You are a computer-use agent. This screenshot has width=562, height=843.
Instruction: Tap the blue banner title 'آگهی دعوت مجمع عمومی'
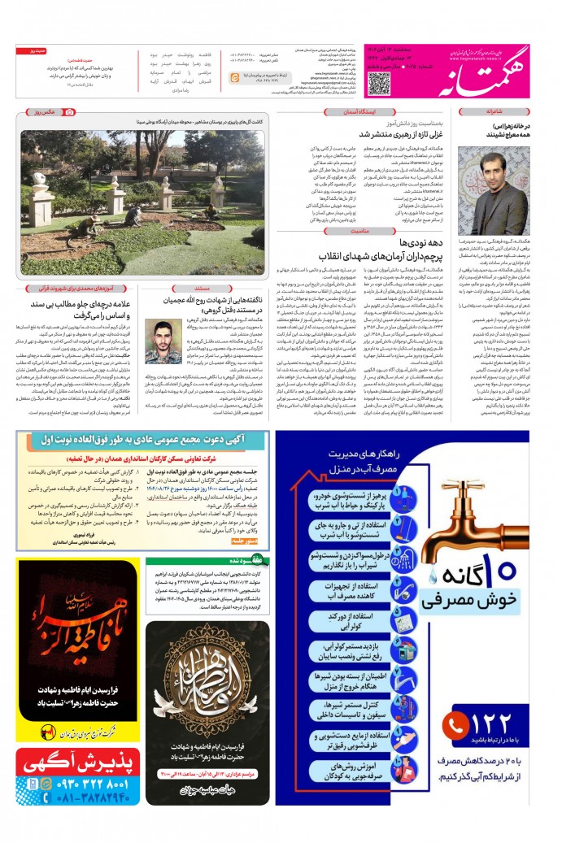(142, 440)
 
